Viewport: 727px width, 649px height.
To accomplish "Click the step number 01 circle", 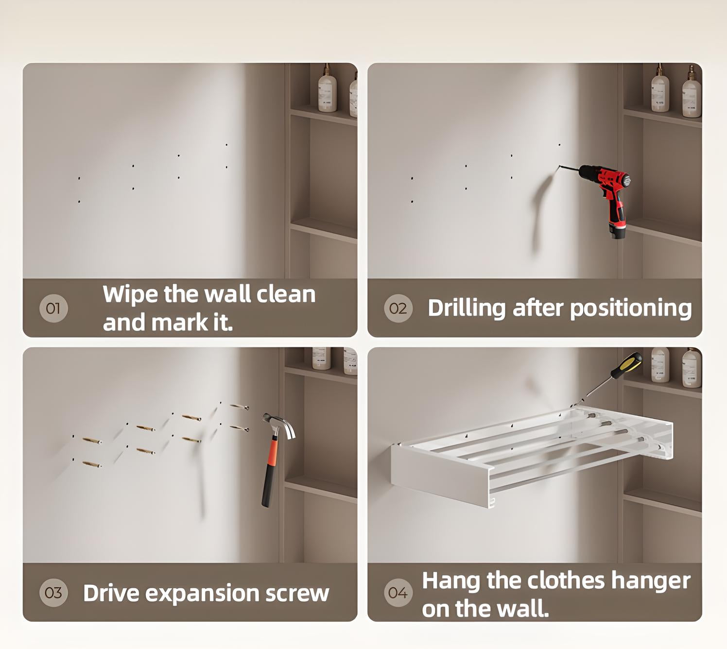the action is [x=53, y=308].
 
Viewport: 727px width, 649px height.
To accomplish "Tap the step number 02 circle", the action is [x=398, y=308].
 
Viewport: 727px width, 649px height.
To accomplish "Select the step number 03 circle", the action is [x=53, y=593].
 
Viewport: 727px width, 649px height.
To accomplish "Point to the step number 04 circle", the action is [x=398, y=593].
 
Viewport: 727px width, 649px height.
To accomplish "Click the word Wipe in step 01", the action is [x=130, y=295].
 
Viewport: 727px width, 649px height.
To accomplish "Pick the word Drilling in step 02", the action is [x=467, y=308].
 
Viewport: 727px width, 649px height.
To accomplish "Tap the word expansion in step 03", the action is [x=202, y=594].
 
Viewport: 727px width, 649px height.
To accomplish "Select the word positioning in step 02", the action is [x=631, y=308].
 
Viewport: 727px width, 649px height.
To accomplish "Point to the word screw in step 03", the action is [x=297, y=594].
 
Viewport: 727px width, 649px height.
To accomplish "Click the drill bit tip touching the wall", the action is [x=559, y=166].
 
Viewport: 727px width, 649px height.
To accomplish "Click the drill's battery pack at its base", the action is [x=617, y=230].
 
